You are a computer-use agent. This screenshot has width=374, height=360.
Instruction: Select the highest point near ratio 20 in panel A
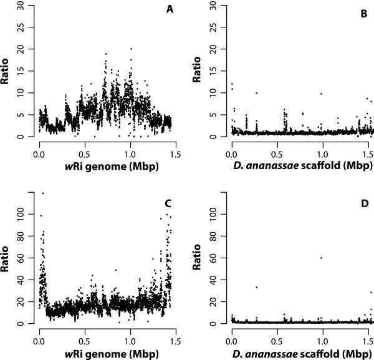(131, 49)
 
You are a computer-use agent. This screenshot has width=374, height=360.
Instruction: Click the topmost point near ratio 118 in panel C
(42, 193)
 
